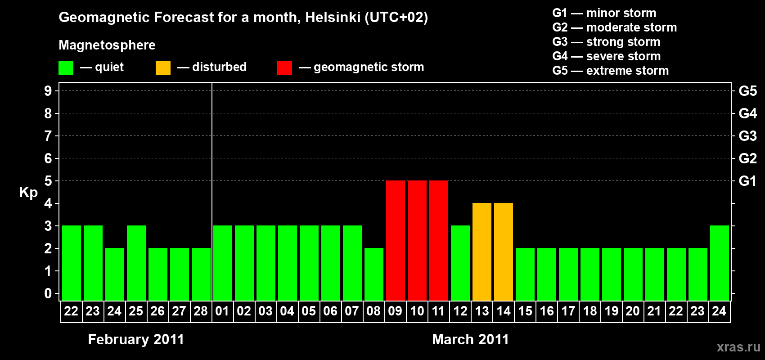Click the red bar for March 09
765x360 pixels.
pos(396,240)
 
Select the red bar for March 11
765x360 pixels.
pos(439,240)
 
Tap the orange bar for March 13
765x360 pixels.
pos(482,252)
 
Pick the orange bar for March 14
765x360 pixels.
pos(504,252)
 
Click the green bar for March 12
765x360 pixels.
pos(460,263)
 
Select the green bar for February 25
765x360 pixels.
pos(136,263)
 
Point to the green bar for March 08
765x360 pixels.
pos(374,274)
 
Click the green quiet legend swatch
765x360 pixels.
pos(66,68)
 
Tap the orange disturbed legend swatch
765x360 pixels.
pos(163,68)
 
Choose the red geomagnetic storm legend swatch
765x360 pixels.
pos(284,68)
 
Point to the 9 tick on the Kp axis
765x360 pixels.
pos(48,91)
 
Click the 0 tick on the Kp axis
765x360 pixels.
pos(48,293)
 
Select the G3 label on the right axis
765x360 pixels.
pos(747,136)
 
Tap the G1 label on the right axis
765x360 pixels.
pos(747,181)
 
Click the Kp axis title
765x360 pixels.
pos(28,193)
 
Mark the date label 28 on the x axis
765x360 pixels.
pos(201,311)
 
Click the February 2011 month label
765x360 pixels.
pos(136,339)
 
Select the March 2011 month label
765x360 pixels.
pos(470,339)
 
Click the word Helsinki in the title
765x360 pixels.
pos(333,17)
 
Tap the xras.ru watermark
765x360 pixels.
pos(738,347)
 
